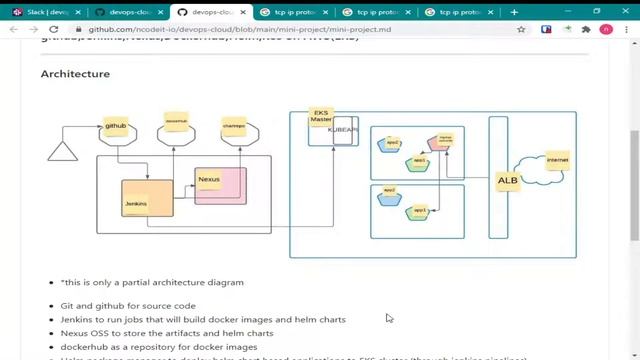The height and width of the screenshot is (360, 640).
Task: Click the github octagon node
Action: click(116, 128)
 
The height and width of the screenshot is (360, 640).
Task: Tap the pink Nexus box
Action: click(220, 186)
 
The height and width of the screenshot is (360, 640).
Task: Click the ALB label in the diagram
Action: click(508, 181)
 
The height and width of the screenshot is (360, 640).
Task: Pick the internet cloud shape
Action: click(551, 165)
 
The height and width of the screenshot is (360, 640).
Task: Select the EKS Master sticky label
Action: click(321, 117)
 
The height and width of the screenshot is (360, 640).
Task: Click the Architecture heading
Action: click(75, 74)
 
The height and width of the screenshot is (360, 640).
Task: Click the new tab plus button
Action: click(514, 12)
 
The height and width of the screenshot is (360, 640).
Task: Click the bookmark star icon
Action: click(521, 30)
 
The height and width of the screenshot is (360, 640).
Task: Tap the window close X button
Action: click(626, 12)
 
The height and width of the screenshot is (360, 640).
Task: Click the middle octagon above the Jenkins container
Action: click(174, 129)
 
